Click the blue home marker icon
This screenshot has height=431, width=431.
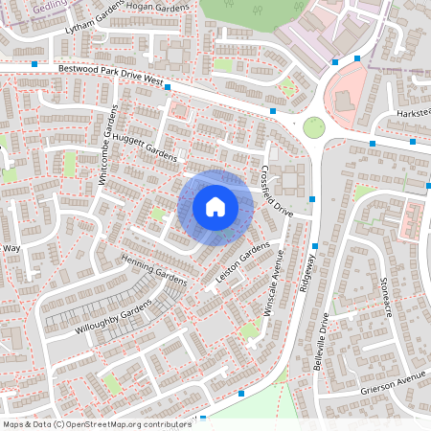pyautogui.click(x=215, y=207)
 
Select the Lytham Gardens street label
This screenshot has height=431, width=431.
pyautogui.click(x=96, y=22)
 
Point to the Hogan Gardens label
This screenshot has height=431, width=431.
pyautogui.click(x=166, y=7)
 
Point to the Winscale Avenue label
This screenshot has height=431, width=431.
pyautogui.click(x=276, y=284)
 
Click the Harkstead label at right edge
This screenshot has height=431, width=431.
pyautogui.click(x=414, y=114)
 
